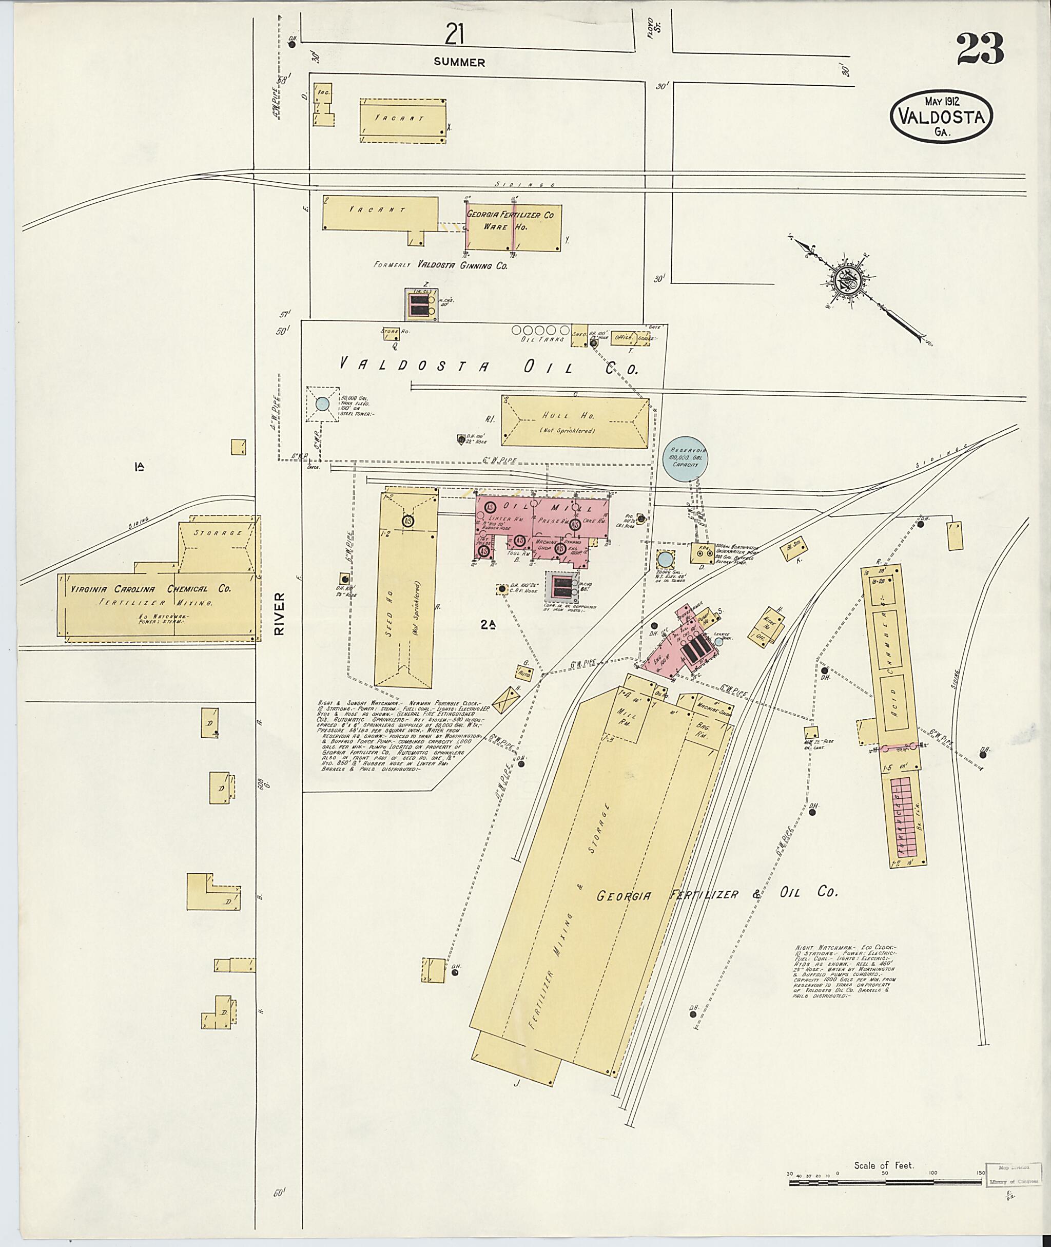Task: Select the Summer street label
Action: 459,62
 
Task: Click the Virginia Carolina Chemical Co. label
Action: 151,589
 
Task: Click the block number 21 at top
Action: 454,36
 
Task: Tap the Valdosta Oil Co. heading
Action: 489,366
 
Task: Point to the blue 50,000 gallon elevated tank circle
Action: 322,404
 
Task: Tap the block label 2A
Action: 489,625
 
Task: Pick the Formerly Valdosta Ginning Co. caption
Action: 440,265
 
